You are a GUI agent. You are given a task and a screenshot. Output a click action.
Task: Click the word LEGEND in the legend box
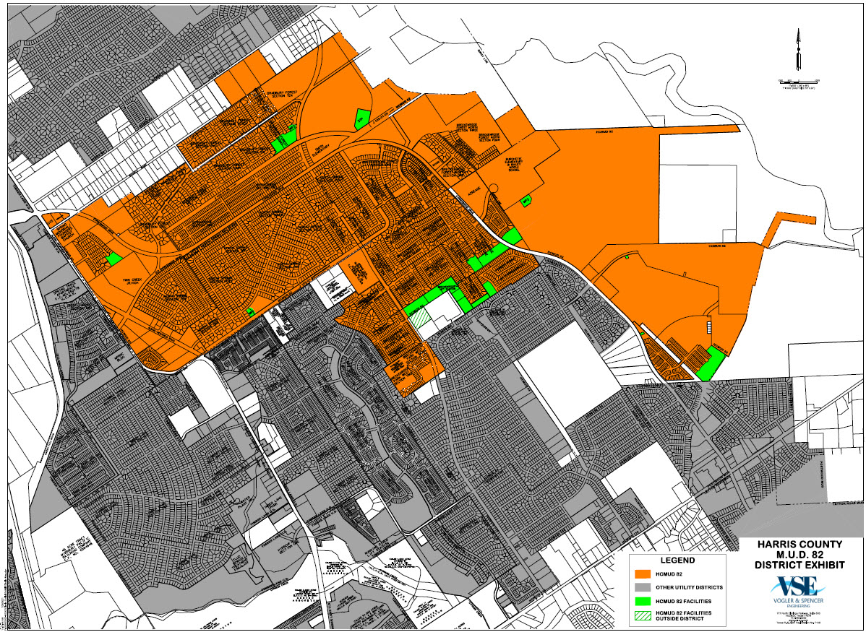[677, 560]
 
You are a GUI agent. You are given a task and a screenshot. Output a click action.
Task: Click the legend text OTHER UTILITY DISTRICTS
[688, 587]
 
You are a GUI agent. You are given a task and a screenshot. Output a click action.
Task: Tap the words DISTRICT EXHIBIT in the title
[797, 564]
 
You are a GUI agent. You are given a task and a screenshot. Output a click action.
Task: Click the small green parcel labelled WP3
[526, 199]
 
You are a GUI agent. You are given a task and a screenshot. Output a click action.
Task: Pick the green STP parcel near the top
[361, 118]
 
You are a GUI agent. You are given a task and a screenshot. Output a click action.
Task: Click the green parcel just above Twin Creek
[113, 258]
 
